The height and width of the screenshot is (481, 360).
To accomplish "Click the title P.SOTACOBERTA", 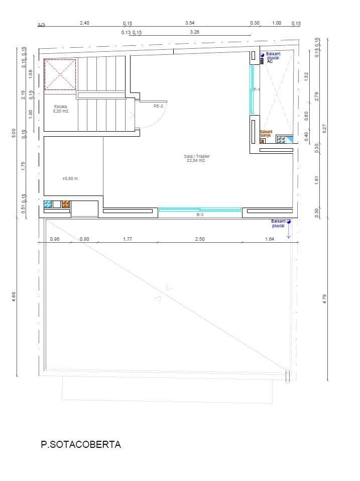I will (x=81, y=444).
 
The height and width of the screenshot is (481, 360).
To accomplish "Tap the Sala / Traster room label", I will (x=197, y=158).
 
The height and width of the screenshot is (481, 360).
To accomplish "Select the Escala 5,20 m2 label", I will (x=61, y=109).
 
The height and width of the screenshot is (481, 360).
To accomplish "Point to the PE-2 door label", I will (x=158, y=106).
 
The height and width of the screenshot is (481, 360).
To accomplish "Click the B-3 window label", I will (x=199, y=215).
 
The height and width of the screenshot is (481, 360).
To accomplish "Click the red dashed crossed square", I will (x=60, y=75).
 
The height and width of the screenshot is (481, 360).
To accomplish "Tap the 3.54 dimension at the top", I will (x=189, y=23).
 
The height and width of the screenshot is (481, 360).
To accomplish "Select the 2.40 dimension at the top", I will (x=84, y=23).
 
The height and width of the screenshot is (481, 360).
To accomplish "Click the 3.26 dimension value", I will (x=194, y=32).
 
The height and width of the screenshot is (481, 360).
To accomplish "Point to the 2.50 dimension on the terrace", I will (x=200, y=239).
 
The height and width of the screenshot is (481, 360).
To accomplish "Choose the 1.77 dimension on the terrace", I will (x=127, y=239).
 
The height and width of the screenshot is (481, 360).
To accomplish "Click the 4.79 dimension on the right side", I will (x=325, y=298).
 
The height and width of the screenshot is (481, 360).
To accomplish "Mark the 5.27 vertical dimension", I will (x=325, y=129).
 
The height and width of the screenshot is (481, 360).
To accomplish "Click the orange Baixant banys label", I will (x=266, y=133).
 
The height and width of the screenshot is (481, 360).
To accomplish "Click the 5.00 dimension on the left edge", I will (x=14, y=133).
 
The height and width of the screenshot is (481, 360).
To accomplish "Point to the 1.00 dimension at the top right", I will (x=277, y=23).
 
